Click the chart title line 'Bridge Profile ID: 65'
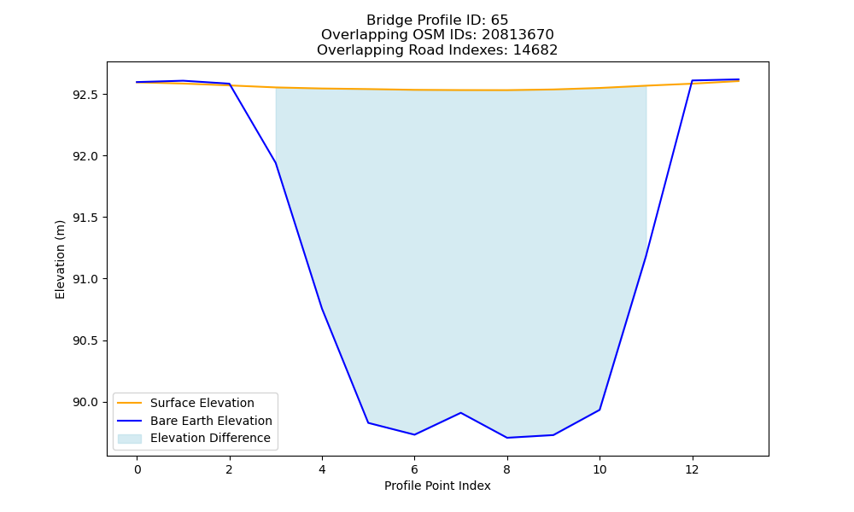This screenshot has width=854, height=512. pos(437,20)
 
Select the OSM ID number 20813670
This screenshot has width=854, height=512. pos(518,35)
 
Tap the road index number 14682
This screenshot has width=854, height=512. pos(535,50)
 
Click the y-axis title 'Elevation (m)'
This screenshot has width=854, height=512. pos(60,259)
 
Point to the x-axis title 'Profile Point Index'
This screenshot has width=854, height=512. pos(437,486)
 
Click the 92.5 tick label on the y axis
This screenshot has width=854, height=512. pos(86,95)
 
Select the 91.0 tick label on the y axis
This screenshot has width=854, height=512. pos(86,279)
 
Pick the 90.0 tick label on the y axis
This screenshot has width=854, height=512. pos(86,402)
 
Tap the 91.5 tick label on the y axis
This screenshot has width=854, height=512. pos(86,218)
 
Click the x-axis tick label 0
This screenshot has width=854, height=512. pos(137,469)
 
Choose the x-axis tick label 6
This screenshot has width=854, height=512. pos(414,469)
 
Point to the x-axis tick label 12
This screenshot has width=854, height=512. pos(692,469)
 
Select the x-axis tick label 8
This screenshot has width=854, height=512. pos(507,469)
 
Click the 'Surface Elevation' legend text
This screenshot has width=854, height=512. pos(202,403)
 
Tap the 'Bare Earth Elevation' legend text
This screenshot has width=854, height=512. pos(211,421)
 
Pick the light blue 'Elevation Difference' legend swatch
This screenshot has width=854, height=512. pos(130,439)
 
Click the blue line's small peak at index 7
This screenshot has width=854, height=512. pos(461,412)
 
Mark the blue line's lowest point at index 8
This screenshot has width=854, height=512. pos(507,438)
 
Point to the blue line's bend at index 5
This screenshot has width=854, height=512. pos(368,422)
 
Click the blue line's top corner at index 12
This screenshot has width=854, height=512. pos(692,80)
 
